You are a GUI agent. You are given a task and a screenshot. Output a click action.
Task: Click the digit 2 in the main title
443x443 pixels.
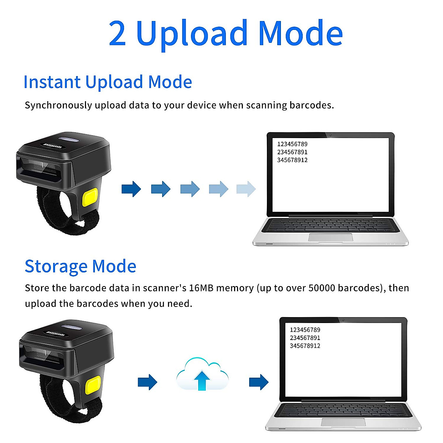[x=117, y=34]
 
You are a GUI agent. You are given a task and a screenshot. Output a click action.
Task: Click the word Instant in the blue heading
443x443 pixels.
[x=52, y=82]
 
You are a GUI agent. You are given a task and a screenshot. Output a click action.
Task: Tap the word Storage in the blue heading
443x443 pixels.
[x=56, y=266]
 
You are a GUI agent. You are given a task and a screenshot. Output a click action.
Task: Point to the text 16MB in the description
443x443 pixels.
[x=201, y=288]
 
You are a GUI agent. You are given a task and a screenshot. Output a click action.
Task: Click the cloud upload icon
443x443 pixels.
[x=202, y=374]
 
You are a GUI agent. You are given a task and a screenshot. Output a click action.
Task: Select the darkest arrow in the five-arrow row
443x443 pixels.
[x=131, y=189]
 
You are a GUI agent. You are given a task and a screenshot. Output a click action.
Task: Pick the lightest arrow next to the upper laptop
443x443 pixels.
[x=246, y=189]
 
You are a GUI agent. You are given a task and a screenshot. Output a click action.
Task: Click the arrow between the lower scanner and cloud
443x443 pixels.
[x=147, y=382]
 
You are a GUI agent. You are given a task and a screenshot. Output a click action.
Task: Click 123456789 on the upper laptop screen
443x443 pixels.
[x=292, y=144]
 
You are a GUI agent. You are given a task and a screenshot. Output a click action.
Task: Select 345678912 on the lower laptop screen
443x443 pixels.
[x=305, y=346]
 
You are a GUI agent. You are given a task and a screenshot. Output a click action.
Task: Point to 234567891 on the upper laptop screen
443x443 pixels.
[x=292, y=152]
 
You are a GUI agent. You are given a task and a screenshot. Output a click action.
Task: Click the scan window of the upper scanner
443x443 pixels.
[x=39, y=168]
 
